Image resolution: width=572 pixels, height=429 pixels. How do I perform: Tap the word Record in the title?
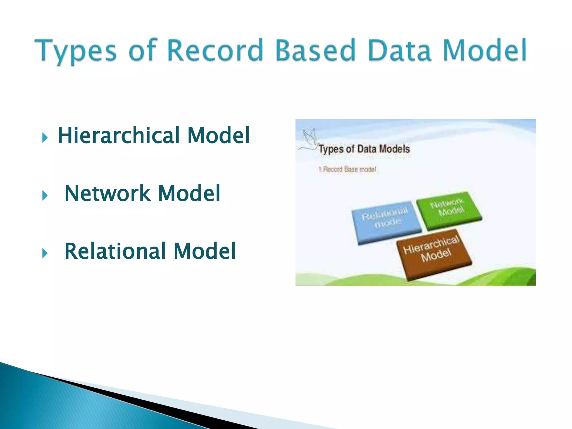tap(215, 50)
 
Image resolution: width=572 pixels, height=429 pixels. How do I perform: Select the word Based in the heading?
tap(316, 50)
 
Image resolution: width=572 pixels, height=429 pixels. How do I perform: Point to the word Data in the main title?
tap(400, 50)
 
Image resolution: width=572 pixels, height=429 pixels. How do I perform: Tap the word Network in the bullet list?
tap(108, 193)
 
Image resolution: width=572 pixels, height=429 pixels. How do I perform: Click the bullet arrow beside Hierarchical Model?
tap(45, 137)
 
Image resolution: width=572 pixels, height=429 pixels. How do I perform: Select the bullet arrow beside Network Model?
tap(45, 195)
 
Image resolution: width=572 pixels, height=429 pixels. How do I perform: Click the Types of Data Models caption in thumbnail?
tap(364, 149)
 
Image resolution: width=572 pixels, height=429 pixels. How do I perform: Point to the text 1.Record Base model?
tap(347, 169)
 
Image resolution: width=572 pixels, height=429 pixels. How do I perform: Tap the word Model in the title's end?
tap(485, 50)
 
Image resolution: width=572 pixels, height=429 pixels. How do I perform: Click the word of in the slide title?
tap(142, 50)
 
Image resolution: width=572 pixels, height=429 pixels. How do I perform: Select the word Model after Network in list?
tap(189, 193)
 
